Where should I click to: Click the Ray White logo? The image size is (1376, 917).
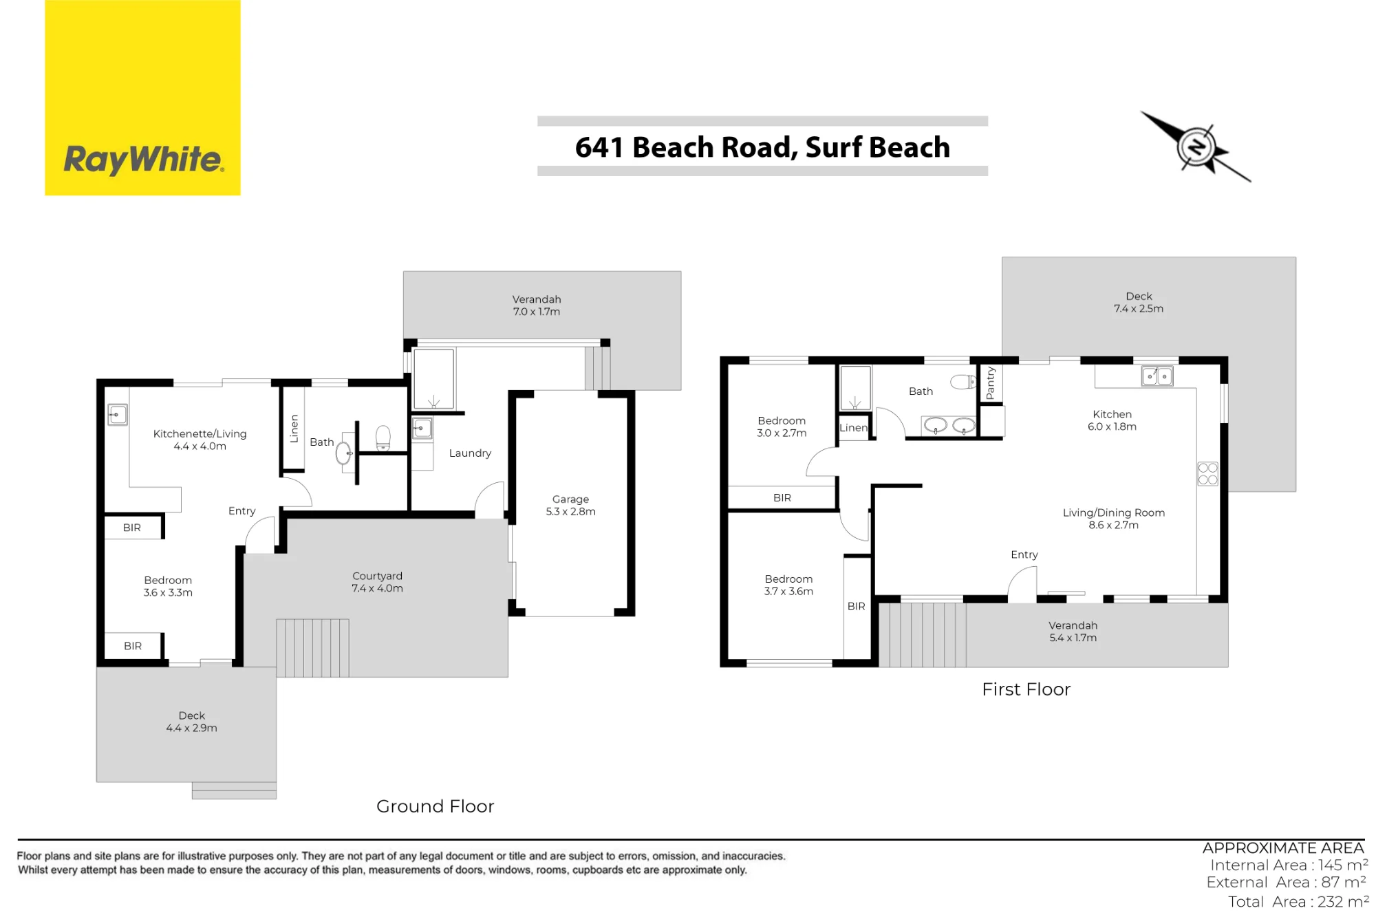[x=142, y=98]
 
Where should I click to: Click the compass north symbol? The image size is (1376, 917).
[x=1196, y=147]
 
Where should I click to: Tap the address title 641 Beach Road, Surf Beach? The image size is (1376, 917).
[x=762, y=147]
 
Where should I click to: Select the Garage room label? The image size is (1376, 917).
[x=570, y=505]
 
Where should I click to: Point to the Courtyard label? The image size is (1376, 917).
[x=377, y=582]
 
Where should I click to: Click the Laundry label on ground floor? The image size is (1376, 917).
[x=470, y=453]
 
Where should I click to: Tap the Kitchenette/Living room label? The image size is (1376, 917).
[x=200, y=440]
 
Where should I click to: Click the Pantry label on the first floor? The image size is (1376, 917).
[x=990, y=383]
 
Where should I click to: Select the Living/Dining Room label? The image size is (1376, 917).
[x=1113, y=519]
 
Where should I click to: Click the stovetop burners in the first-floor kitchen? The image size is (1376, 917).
[x=1207, y=473]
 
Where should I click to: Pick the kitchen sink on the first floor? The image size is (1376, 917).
[x=1157, y=376]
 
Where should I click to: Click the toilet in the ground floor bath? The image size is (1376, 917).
[x=383, y=438]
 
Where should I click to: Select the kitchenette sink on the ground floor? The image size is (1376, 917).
[x=118, y=415]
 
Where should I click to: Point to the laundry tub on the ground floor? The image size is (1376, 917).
[x=422, y=429]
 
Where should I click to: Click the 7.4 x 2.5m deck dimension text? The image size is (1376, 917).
[x=1139, y=309]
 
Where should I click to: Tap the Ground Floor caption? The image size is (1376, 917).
[x=435, y=806]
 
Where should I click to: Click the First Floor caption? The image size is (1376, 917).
[x=1026, y=689]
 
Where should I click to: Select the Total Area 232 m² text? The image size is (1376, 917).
[x=1298, y=901]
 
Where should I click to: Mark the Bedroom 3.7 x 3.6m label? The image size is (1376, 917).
[x=788, y=585]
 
